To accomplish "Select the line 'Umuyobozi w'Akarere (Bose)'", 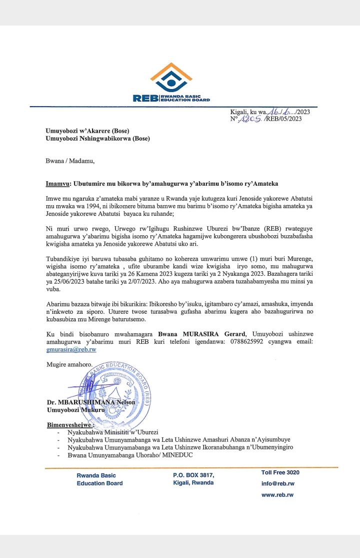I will [x=87, y=131].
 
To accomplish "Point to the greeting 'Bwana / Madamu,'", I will [x=70, y=161].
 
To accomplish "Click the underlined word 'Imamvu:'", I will [x=57, y=184].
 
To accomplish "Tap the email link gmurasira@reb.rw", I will [x=71, y=349].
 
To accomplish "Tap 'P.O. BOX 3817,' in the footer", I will [x=193, y=475].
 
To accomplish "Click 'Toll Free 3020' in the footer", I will [x=280, y=472].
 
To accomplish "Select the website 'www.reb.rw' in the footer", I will [x=277, y=495].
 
